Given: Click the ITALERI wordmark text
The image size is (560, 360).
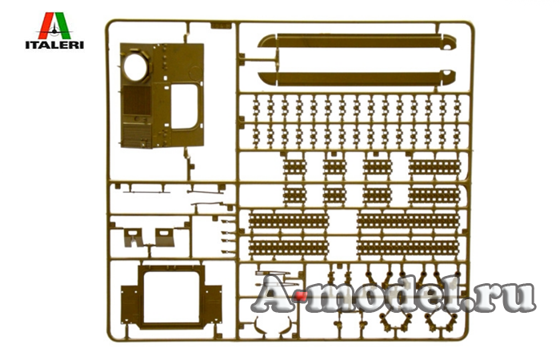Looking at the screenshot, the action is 54,45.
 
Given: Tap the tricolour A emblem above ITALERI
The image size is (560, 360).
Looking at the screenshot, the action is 54,26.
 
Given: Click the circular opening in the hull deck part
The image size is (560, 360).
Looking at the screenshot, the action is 136,67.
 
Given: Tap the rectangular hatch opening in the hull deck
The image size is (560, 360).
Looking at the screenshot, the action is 184,106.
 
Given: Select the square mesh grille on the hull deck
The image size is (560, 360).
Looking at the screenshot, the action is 137,100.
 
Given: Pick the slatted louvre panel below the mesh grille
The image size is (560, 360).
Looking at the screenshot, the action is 137,135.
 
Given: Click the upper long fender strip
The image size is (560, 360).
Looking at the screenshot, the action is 357,41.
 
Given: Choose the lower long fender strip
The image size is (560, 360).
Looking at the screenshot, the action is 357,78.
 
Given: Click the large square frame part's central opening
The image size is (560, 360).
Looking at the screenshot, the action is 171,297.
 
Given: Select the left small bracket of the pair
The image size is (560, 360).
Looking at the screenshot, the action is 133,238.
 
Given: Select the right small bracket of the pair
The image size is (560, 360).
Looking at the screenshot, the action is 164,238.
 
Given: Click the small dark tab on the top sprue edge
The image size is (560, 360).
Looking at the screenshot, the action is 221,26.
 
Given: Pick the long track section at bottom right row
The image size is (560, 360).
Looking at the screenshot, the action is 408,247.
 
